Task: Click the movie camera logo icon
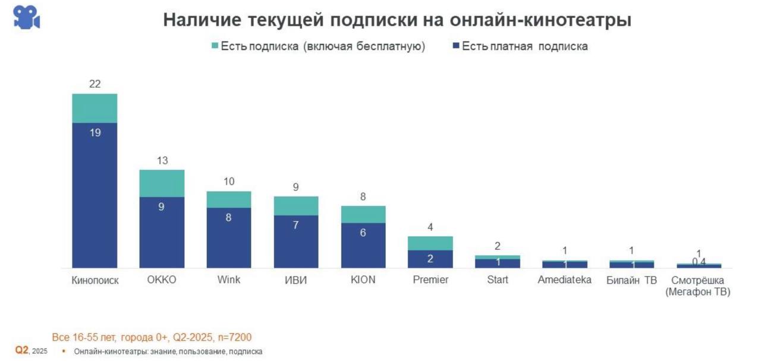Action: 27,18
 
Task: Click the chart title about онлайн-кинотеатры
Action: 397,20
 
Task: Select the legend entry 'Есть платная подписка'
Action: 520,46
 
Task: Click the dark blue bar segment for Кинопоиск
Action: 95,196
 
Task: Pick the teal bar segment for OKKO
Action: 162,183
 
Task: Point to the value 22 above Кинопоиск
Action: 95,84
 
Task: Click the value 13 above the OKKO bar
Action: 162,160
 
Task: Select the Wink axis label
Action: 229,280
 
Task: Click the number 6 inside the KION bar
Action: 363,233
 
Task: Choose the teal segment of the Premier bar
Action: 430,243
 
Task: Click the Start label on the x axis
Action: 498,280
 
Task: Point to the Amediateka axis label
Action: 565,280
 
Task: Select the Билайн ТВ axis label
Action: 631,280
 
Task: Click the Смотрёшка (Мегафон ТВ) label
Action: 699,285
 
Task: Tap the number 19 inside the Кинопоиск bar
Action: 95,133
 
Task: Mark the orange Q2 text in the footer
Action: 22,351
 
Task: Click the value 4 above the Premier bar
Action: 430,227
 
